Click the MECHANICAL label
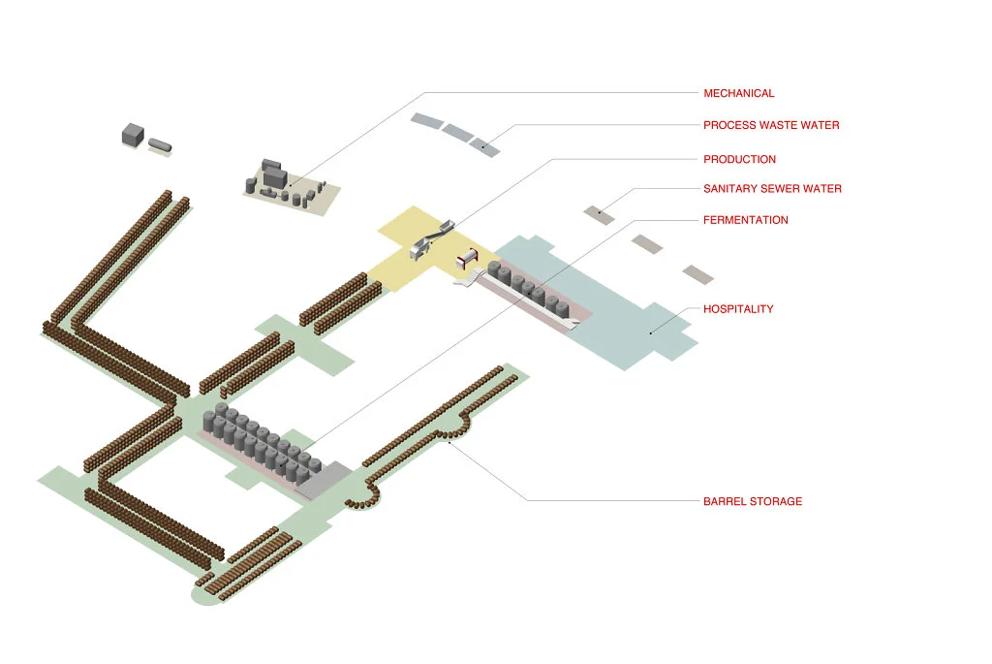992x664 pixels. (x=738, y=93)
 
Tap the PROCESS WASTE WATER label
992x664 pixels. (x=771, y=125)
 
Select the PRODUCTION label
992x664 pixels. (x=739, y=160)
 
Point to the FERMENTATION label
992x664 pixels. (x=745, y=220)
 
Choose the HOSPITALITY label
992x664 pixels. (x=738, y=309)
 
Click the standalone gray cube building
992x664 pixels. (x=133, y=135)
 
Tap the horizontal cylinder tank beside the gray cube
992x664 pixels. (x=160, y=145)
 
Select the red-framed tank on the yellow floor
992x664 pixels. (x=468, y=257)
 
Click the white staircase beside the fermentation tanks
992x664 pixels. (x=469, y=277)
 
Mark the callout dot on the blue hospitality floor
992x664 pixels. (x=650, y=332)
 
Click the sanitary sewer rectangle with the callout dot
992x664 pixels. (x=599, y=214)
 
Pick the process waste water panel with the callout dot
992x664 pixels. (x=484, y=146)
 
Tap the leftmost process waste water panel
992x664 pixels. (x=426, y=121)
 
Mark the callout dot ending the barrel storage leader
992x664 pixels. (x=449, y=442)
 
